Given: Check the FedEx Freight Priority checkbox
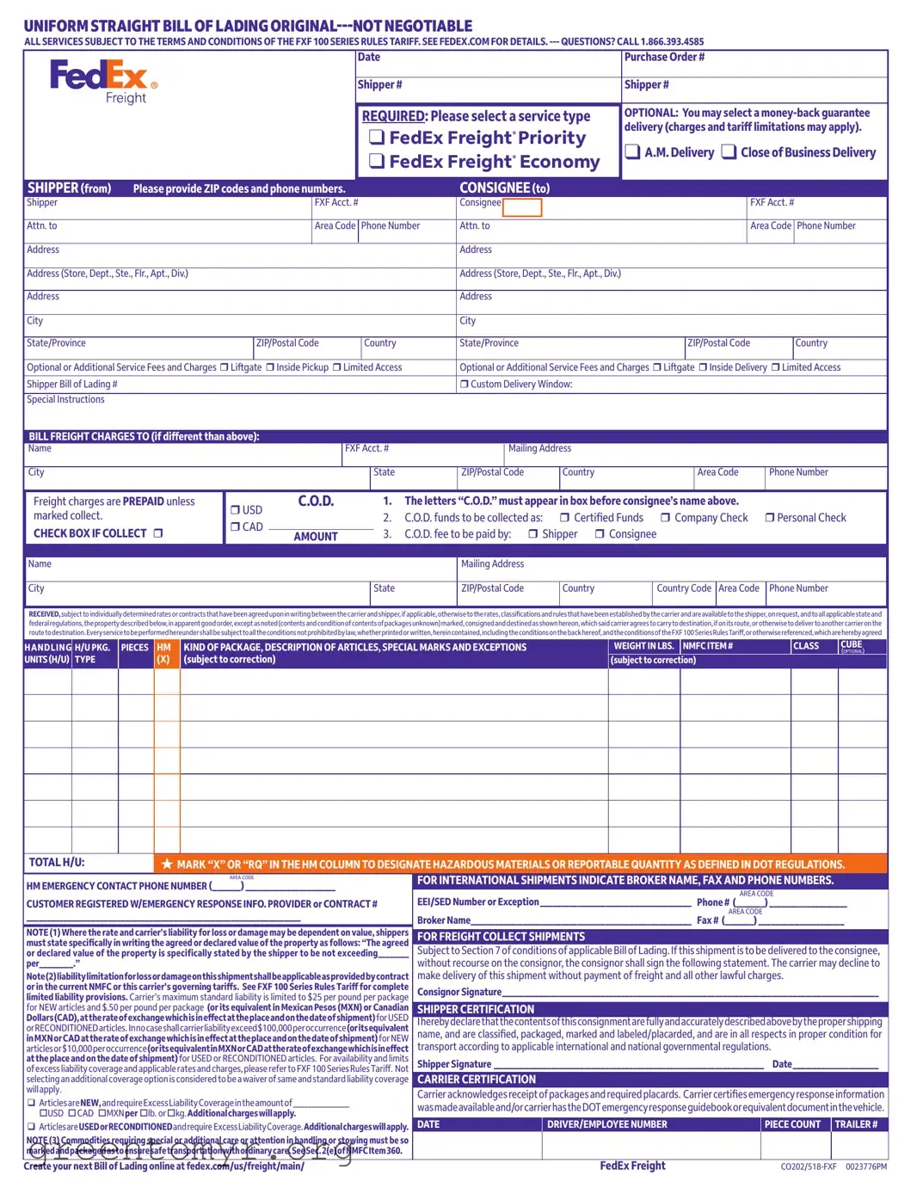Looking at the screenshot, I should tap(376, 138).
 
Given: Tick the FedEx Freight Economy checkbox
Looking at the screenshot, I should tap(376, 161).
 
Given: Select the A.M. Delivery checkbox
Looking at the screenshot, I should tap(632, 152).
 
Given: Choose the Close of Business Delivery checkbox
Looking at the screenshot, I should tap(729, 152).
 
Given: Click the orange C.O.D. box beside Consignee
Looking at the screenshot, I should tap(522, 207).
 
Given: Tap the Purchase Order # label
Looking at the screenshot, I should tap(664, 58).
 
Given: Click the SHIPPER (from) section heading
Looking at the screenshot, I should tap(69, 188).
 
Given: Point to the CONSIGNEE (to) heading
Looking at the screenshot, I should tap(504, 188).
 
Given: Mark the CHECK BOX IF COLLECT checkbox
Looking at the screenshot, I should tap(157, 533).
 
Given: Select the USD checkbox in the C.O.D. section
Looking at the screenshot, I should tap(236, 510).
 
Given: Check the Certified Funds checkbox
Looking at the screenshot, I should tap(564, 518).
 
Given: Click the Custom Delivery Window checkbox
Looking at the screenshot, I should tap(465, 385).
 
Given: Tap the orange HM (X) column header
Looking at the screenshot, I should tap(163, 653).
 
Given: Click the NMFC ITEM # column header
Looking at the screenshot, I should tap(708, 646).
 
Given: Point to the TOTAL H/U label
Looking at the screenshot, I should tap(57, 863).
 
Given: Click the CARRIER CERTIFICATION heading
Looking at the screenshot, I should tap(477, 1080).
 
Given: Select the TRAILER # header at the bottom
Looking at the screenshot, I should tap(857, 1124).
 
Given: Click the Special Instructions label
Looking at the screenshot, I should tap(65, 400).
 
